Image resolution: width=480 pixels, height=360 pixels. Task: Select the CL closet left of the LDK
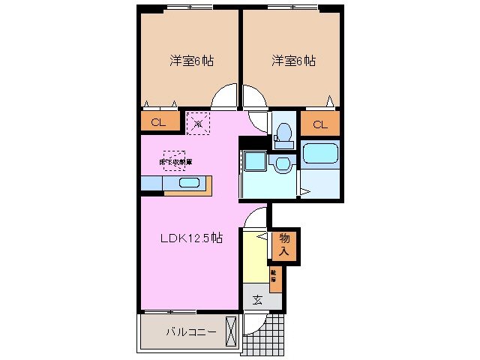click(159, 121)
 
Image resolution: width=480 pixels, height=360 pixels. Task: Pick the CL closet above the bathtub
click(319, 124)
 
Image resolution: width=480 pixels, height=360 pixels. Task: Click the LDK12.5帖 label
click(191, 238)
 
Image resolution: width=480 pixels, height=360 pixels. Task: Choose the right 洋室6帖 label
click(293, 61)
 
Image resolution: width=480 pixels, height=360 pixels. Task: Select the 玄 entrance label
click(257, 300)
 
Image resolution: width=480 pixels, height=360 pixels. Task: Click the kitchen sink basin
click(188, 183)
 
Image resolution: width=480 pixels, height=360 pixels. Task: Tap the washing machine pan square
click(252, 163)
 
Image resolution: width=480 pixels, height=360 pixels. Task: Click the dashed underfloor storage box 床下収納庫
click(174, 160)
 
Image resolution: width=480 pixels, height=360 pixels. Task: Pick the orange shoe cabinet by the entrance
click(275, 278)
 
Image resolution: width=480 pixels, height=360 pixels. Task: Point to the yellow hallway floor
click(255, 259)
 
